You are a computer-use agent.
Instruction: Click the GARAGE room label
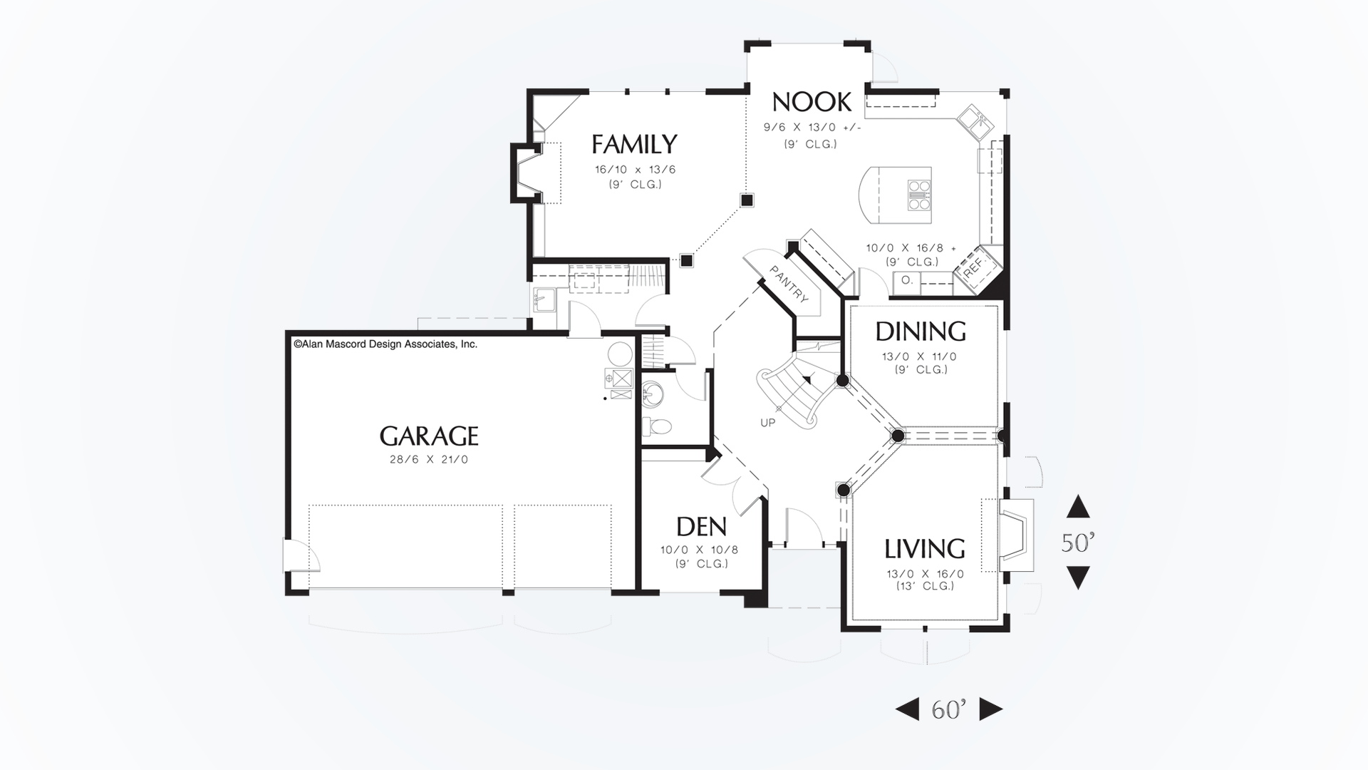click(428, 436)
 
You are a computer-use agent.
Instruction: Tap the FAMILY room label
click(634, 144)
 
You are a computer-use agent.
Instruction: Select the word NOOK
click(812, 102)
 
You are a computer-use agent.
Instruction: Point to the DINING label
click(921, 332)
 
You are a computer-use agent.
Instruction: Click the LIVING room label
click(925, 548)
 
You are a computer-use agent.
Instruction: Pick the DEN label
click(701, 527)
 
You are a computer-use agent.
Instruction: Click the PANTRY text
click(789, 284)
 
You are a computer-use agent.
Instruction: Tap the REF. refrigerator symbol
click(974, 267)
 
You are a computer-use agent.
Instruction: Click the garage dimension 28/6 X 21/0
click(428, 460)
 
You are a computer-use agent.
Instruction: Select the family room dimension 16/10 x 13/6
click(635, 170)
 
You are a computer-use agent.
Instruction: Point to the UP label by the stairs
click(767, 423)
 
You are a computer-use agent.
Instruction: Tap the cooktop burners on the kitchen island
click(919, 195)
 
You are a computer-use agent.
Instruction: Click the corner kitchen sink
click(974, 123)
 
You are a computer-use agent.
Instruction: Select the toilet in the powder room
click(658, 426)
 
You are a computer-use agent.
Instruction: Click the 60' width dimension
click(948, 709)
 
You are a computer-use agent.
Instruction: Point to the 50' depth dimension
click(1077, 543)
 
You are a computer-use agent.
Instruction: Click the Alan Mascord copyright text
click(385, 344)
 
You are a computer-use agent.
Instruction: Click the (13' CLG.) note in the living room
click(925, 586)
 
